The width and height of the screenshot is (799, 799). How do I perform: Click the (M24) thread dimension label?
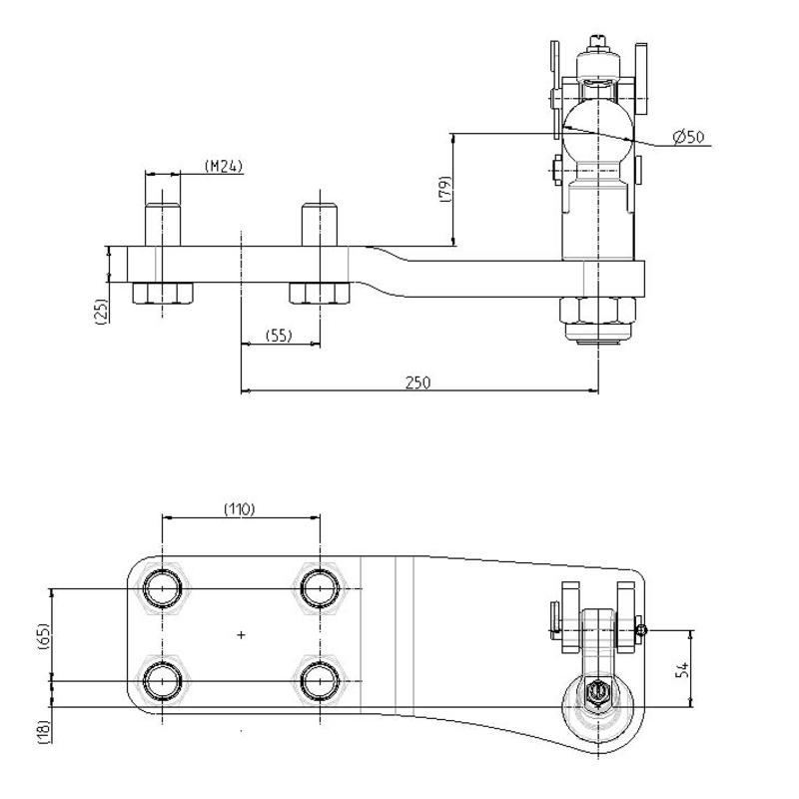click(224, 166)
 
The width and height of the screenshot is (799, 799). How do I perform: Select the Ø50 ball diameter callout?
click(688, 137)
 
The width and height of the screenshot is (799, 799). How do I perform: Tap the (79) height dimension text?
click(444, 189)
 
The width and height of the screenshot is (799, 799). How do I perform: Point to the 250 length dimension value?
click(417, 383)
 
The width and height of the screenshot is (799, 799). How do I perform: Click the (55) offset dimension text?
click(279, 335)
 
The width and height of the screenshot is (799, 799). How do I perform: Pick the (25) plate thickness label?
click(102, 312)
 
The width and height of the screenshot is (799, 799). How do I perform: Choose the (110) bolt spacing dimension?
click(240, 508)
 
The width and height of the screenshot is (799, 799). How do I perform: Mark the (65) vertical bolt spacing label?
click(44, 635)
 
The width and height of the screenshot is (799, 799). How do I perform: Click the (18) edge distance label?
click(44, 732)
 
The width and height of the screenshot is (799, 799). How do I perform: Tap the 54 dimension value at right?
click(682, 669)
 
